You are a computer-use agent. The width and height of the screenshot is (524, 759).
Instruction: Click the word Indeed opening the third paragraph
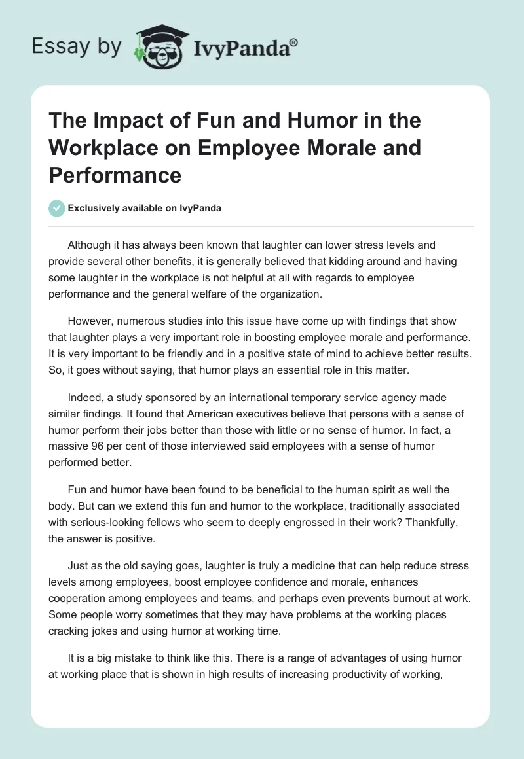(86, 397)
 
